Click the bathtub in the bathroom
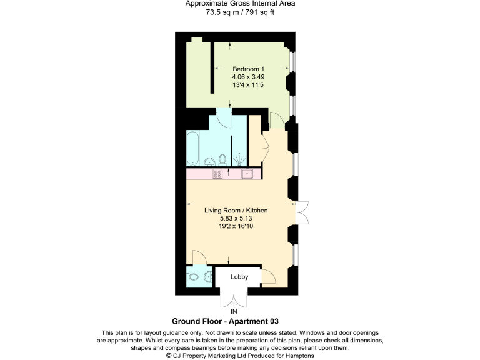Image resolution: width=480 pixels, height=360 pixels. (x=193, y=149)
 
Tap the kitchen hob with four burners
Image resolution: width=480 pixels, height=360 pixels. (x=217, y=173)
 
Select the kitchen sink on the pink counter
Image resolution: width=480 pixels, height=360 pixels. (x=247, y=173)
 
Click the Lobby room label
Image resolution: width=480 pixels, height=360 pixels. (x=239, y=277)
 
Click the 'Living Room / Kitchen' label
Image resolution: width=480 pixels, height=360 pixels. (x=236, y=211)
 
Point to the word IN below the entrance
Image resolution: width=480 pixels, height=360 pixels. (x=234, y=311)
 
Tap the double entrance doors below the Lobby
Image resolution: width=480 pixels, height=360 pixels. (x=234, y=296)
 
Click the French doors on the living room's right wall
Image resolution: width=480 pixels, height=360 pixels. (x=302, y=212)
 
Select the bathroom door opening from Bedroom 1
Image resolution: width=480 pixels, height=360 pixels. (x=224, y=116)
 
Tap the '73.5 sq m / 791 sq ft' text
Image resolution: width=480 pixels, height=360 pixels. (x=241, y=11)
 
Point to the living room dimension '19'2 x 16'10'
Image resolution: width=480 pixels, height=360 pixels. (x=236, y=226)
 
